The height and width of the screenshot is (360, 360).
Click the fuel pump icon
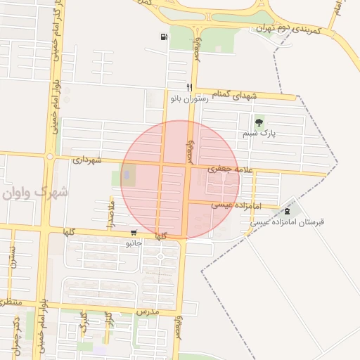pyautogui.click(x=164, y=37)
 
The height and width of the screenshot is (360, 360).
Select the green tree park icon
pyautogui.click(x=259, y=122)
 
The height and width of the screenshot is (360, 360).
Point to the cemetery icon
pyautogui.click(x=286, y=211)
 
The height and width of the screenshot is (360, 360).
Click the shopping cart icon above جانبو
pyautogui.click(x=134, y=233)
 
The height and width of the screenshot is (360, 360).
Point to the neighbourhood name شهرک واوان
pyautogui.click(x=33, y=192)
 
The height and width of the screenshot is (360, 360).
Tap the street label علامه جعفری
pyautogui.click(x=227, y=169)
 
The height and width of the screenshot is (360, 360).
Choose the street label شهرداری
pyautogui.click(x=88, y=160)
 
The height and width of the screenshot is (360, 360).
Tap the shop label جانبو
pyautogui.click(x=134, y=243)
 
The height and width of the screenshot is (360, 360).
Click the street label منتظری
pyautogui.click(x=9, y=302)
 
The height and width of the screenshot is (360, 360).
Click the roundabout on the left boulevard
pyautogui.click(x=50, y=156)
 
